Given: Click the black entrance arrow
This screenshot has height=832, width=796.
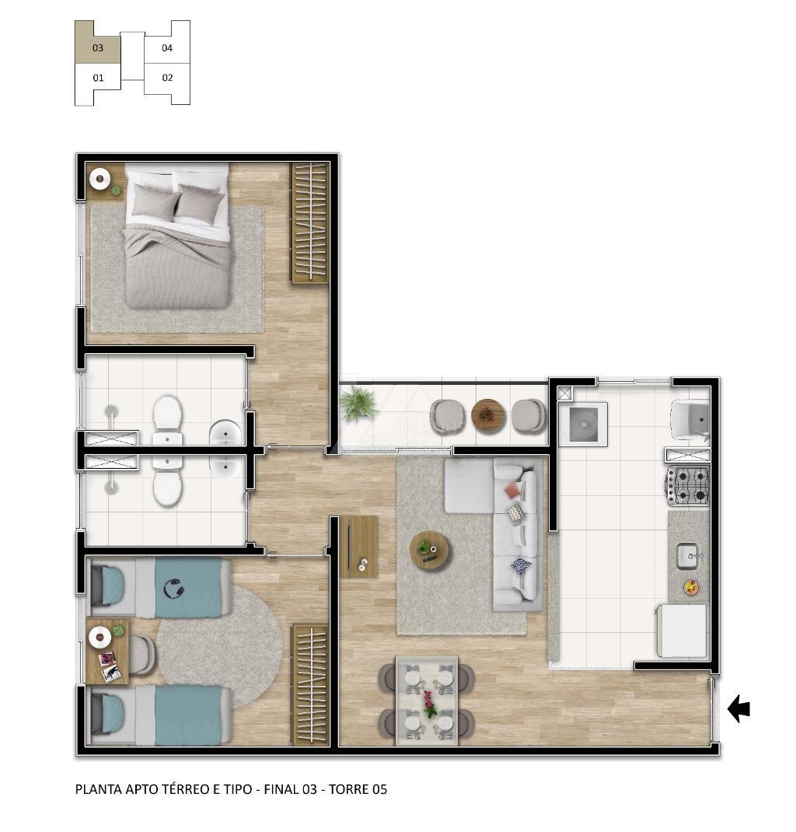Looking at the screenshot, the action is click(738, 709).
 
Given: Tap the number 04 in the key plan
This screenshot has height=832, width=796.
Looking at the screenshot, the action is click(167, 47).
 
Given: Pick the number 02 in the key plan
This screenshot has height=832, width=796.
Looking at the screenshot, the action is click(168, 78).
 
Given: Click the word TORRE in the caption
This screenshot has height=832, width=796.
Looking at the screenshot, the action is click(350, 789).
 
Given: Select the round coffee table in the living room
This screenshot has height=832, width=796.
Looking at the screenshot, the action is click(429, 550).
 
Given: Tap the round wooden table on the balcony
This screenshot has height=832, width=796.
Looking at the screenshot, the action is click(487, 417).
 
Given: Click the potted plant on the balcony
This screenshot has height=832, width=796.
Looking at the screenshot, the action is click(358, 404).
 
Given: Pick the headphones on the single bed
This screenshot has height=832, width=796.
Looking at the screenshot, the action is click(173, 589).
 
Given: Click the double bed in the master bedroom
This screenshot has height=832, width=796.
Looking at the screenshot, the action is click(177, 235).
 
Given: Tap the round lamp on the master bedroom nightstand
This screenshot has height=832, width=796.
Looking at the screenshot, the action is click(99, 179).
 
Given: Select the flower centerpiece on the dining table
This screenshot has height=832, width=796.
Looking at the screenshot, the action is click(429, 703).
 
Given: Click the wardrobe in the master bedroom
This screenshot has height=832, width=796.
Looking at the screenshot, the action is click(309, 223).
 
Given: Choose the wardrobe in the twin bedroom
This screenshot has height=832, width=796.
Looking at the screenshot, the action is click(310, 684).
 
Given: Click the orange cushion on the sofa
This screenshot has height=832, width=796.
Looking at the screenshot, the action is click(512, 490).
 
